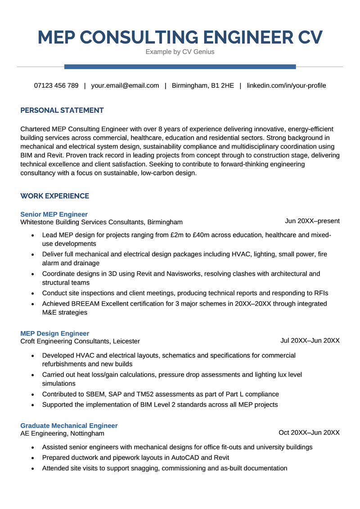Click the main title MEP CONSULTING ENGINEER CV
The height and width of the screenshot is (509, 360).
pos(180,37)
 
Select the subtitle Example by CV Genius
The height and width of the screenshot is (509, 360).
pos(180,52)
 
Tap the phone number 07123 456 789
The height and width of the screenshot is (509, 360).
pos(56,85)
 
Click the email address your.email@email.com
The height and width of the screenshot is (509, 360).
pos(125,85)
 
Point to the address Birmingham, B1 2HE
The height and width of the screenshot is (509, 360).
pos(203,85)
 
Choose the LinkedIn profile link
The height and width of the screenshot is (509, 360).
pos(286,85)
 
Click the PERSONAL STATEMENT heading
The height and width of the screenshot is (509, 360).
pos(62,110)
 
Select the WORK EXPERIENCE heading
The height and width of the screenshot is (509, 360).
pos(55,196)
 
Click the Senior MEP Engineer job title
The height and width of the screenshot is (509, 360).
pos(54,214)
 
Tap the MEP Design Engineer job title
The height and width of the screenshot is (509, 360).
pos(55,334)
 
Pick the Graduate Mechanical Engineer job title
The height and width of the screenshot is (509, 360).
pos(69,425)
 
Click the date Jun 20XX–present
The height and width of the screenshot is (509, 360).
pos(312,221)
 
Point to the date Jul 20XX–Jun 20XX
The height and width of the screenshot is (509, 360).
pos(310,340)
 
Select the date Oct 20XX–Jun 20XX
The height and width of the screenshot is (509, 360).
pos(309,433)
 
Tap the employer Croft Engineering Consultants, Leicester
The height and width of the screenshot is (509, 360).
pos(80,341)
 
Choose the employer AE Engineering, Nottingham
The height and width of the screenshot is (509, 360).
pos(62,433)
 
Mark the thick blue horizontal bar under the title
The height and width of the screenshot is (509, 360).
pos(180,67)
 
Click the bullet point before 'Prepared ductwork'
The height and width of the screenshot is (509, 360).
pos(33,458)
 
